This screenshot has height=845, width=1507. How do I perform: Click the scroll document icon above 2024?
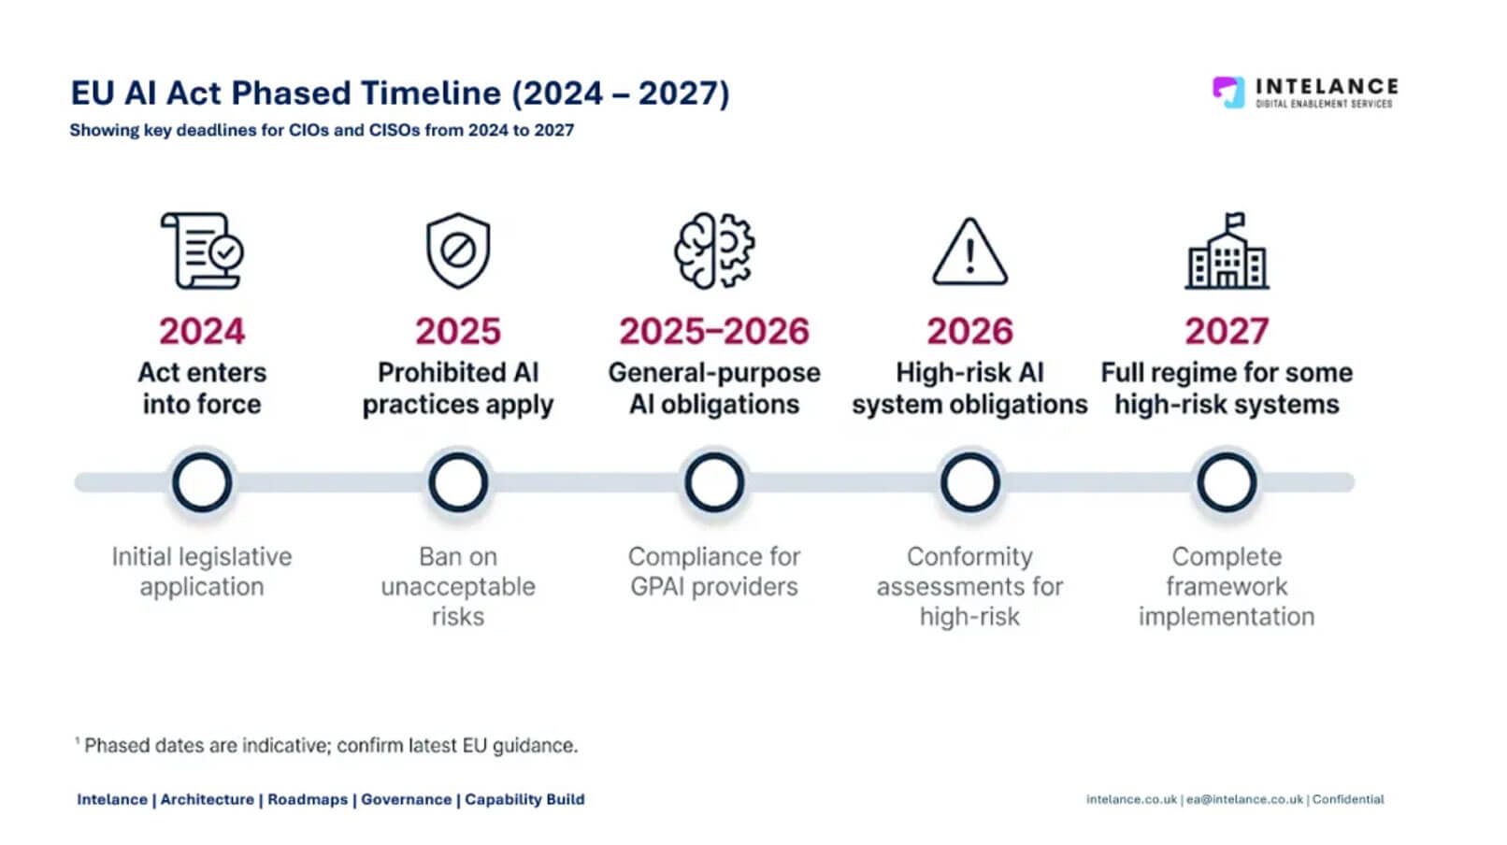tap(202, 251)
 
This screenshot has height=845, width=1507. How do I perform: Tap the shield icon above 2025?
tap(458, 251)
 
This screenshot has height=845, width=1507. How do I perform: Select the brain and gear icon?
tap(714, 251)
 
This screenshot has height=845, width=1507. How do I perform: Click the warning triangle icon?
tap(969, 251)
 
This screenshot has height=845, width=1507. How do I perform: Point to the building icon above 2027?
tap(1227, 251)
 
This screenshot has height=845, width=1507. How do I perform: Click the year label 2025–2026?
tap(714, 331)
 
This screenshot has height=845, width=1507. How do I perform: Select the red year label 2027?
tap(1227, 331)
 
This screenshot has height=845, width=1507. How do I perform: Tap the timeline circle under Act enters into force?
tap(202, 454)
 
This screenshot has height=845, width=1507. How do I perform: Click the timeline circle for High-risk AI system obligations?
tap(969, 454)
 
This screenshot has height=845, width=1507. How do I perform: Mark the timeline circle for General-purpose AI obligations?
tap(714, 454)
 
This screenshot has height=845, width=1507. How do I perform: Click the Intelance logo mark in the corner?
tap(1228, 93)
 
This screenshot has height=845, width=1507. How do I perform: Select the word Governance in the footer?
tap(406, 799)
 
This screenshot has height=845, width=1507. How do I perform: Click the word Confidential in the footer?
tap(1347, 799)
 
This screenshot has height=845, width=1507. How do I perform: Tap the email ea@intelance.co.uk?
tap(1244, 799)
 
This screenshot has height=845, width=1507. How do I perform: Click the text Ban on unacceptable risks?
tap(458, 587)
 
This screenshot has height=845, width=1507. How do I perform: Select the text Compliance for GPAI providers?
tap(714, 572)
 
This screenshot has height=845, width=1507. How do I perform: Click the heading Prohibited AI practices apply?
tap(458, 388)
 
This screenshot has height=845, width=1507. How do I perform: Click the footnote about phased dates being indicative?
tap(326, 745)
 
